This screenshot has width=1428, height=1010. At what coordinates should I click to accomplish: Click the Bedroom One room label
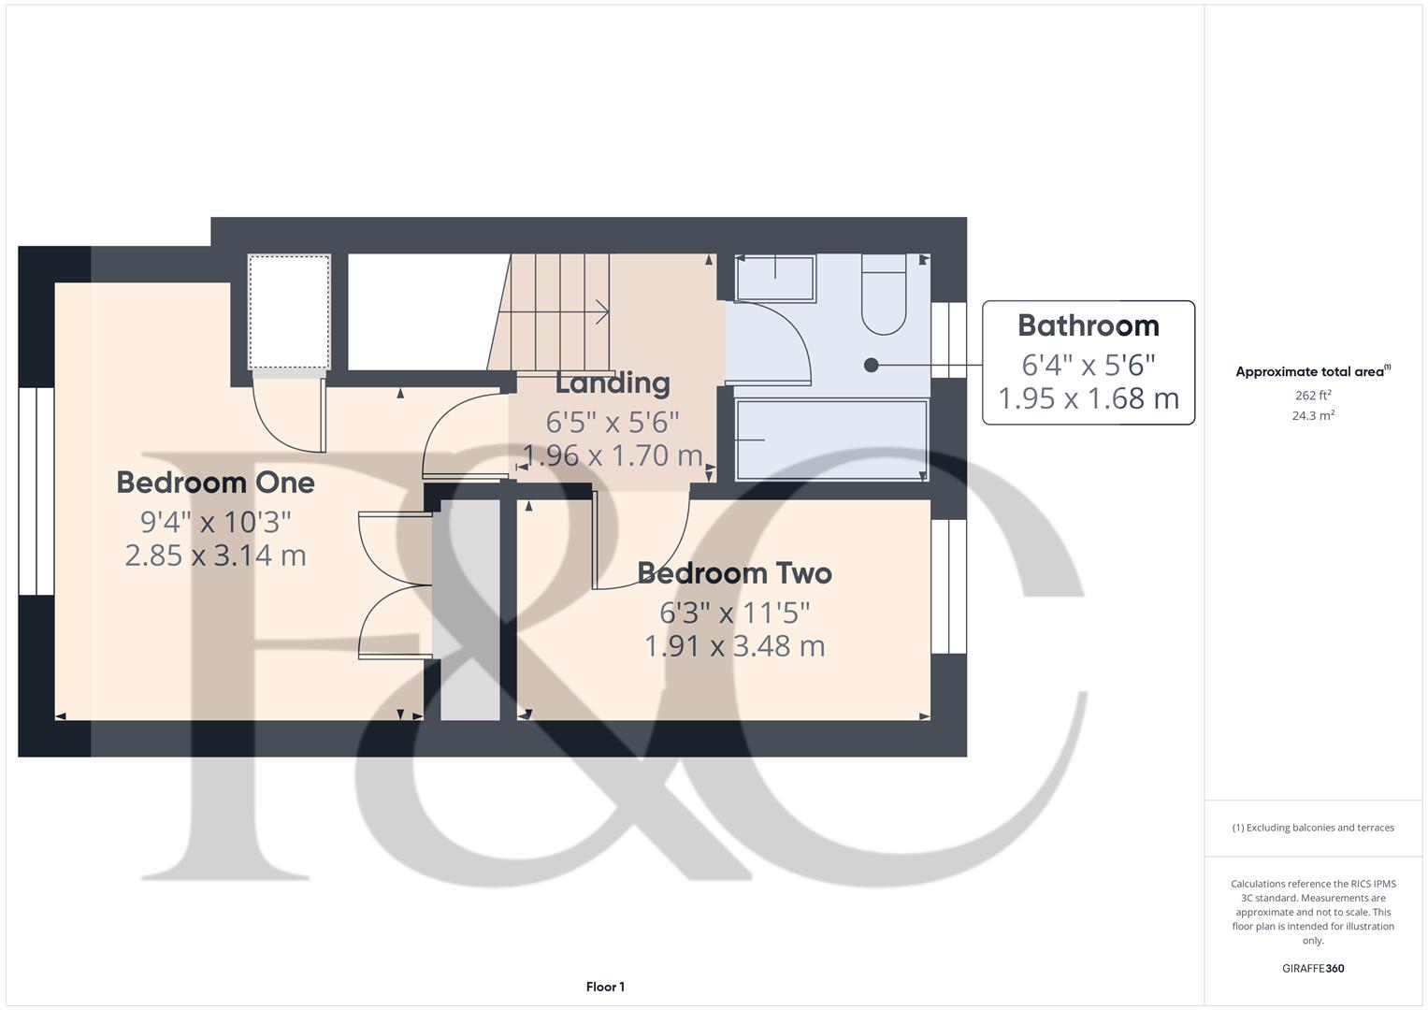[x=215, y=483]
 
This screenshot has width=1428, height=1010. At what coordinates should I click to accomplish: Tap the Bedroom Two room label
[x=734, y=573]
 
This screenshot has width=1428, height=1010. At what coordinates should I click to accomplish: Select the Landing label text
[x=613, y=382]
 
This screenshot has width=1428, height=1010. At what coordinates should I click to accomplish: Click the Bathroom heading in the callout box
[x=1088, y=325]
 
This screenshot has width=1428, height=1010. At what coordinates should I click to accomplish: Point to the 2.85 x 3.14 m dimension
[x=215, y=555]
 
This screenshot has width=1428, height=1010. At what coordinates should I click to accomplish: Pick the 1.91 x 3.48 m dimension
[x=734, y=646]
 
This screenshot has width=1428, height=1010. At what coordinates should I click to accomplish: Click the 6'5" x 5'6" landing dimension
[x=613, y=423]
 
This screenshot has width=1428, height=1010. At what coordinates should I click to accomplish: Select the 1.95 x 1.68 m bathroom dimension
[x=1088, y=398]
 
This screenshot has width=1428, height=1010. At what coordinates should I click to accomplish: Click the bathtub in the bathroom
[x=830, y=440]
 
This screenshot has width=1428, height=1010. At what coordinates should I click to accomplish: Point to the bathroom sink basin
[x=775, y=278]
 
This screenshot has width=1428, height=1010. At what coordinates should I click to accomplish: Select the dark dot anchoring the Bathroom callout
[x=871, y=366]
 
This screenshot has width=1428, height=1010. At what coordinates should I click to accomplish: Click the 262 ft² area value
[x=1312, y=396]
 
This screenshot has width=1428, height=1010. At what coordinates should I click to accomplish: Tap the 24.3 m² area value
[x=1312, y=416]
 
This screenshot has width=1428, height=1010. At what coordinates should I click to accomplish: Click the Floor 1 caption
[x=605, y=987]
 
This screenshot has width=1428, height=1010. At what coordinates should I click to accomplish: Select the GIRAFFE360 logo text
[x=1312, y=968]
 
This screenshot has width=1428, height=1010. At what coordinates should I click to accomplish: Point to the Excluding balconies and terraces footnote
[x=1312, y=828]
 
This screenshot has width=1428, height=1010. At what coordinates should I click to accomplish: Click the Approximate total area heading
[x=1312, y=371]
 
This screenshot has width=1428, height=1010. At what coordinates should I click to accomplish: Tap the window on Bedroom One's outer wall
[x=36, y=491]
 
